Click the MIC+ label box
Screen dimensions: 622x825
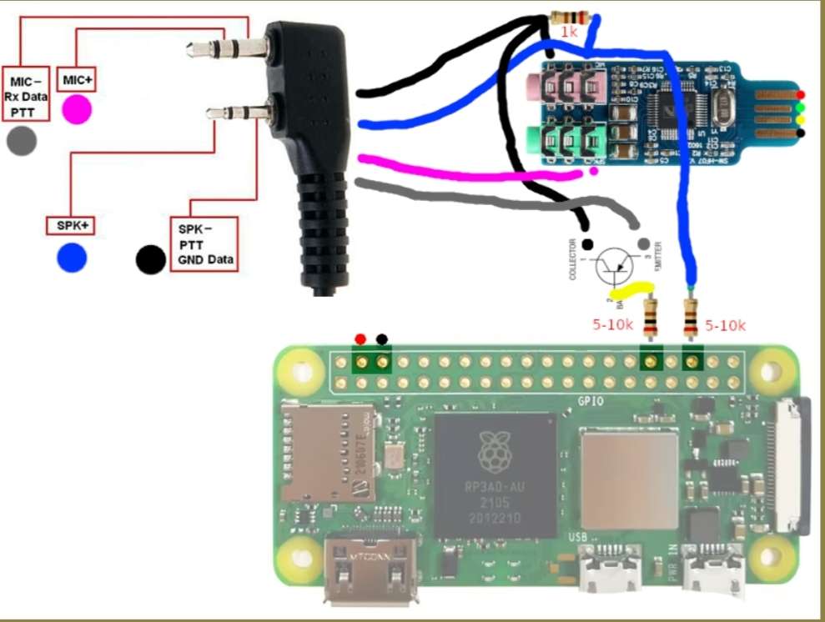pyautogui.click(x=78, y=80)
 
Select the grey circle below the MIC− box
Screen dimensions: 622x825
pyautogui.click(x=22, y=141)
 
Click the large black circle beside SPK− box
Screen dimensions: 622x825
pyautogui.click(x=151, y=258)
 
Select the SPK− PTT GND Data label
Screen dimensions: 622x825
pyautogui.click(x=204, y=243)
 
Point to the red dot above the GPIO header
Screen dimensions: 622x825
pyautogui.click(x=360, y=339)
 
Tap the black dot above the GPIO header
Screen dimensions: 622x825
pyautogui.click(x=382, y=339)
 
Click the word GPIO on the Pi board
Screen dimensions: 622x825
pyautogui.click(x=590, y=400)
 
